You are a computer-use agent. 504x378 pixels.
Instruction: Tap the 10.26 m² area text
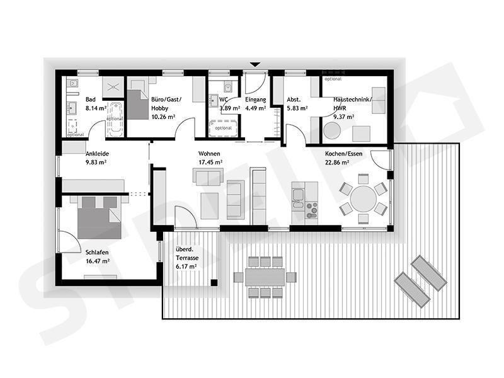point(163,117)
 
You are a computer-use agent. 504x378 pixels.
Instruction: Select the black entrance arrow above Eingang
point(255,64)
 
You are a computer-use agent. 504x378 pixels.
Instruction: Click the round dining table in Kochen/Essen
point(363,198)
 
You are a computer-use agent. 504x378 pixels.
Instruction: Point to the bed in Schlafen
point(98,217)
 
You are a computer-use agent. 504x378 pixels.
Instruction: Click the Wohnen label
point(209,154)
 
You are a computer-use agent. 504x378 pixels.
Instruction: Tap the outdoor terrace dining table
point(265,276)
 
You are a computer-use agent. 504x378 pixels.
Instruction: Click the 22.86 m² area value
point(338,163)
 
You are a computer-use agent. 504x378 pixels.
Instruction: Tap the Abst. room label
point(294,100)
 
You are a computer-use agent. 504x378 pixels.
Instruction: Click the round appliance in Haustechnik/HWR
point(331,131)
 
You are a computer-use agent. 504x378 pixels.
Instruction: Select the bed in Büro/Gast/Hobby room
point(137,103)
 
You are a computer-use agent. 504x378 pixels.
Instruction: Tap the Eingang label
point(256,100)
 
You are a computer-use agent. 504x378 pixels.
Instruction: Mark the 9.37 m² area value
point(344,117)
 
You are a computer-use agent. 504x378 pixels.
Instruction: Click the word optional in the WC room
point(224,129)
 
